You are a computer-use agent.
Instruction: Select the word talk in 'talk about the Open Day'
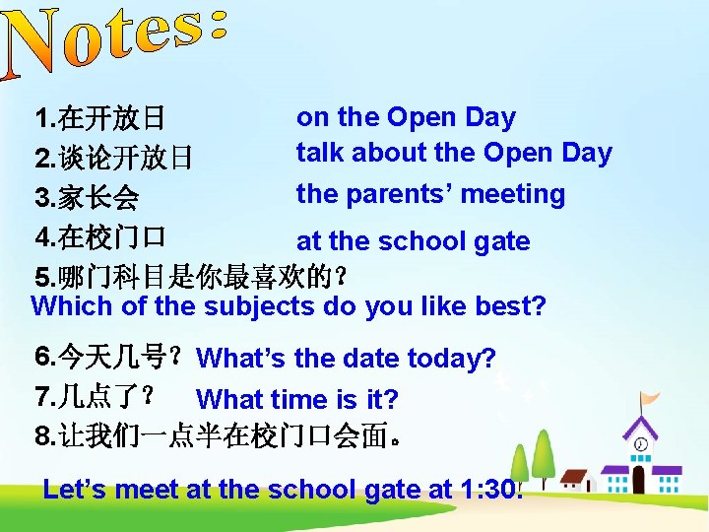coord(320,153)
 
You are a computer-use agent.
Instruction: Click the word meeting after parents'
coord(513,194)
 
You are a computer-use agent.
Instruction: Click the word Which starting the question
coord(72,305)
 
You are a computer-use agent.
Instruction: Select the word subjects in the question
coord(259,305)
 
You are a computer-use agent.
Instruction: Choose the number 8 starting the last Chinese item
coord(41,434)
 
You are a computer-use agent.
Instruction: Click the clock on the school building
coord(641,445)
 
